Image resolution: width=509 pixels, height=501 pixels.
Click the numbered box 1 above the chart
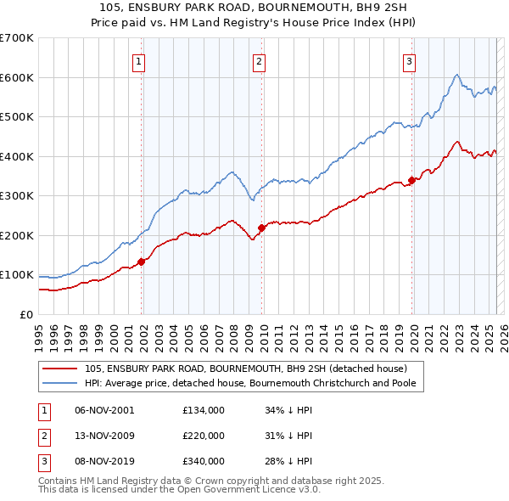coord(138,60)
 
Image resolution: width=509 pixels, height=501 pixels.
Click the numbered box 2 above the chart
coord(258,60)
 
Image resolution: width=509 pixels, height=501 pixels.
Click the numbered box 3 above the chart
coord(409,60)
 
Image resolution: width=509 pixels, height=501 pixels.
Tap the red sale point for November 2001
coord(142,262)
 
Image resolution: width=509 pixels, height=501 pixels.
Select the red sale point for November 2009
coord(262,228)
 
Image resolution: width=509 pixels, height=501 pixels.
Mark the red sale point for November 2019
coord(412,180)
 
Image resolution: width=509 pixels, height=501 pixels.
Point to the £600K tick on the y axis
coord(17,77)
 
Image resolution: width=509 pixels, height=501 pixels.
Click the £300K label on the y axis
coord(17,196)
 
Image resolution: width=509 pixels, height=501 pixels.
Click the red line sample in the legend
coord(59,369)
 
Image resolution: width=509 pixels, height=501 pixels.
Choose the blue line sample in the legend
coord(59,383)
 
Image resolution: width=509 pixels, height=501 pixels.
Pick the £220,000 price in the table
coord(204,436)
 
